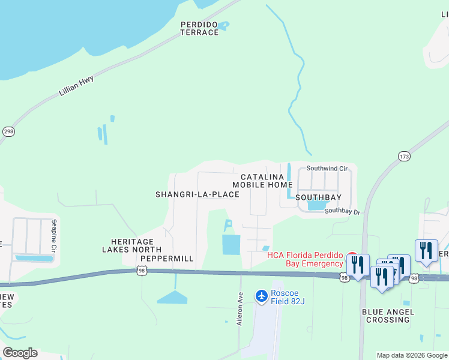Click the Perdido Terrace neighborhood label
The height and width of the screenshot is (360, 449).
[x=199, y=28]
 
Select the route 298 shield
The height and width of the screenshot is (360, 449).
[x=8, y=131]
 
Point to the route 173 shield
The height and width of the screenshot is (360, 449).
[x=403, y=156]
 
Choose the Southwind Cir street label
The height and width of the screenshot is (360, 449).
[x=327, y=169]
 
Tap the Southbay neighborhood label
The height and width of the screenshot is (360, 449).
[x=318, y=197]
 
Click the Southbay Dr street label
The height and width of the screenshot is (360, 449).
[x=342, y=211]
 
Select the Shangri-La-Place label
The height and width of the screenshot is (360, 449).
[x=197, y=194]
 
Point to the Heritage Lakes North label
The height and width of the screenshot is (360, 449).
[x=131, y=245]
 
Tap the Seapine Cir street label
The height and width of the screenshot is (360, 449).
[x=54, y=236]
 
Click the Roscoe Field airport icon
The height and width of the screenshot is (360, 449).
[x=261, y=296]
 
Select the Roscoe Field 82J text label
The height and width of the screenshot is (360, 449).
[x=288, y=296]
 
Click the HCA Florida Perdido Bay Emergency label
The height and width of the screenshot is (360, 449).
[x=305, y=259]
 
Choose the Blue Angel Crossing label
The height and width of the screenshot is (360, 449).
[x=387, y=316]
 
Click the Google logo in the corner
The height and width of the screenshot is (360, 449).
[x=20, y=353]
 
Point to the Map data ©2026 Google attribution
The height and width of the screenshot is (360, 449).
[x=412, y=355]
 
